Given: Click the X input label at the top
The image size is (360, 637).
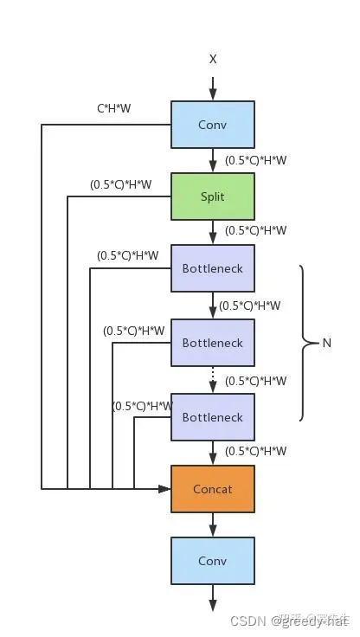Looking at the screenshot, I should [x=213, y=59].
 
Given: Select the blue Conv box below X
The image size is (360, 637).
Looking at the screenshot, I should [x=213, y=125].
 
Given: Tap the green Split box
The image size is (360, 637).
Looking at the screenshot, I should [x=213, y=196].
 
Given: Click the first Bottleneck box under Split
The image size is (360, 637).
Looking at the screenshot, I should [x=213, y=268].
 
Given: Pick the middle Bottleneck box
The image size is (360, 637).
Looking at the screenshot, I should [x=213, y=343].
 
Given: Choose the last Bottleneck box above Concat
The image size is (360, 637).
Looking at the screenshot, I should [x=213, y=417].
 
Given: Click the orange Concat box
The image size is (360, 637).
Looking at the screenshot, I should [x=213, y=489].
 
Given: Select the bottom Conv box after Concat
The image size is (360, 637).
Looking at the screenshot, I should [x=213, y=561].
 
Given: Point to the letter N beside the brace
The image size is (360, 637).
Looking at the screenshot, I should [x=327, y=343].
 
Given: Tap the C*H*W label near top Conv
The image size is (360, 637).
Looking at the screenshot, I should [x=113, y=110].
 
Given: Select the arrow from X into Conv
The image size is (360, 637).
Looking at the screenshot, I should [x=213, y=87].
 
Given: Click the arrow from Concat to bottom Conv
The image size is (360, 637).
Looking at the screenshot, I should [x=213, y=524].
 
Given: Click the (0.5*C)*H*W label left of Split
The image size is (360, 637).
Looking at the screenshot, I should [x=120, y=183].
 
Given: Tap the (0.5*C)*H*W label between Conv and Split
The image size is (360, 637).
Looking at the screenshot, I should [x=255, y=160].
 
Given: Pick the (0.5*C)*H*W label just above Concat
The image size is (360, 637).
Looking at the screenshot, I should [x=255, y=451].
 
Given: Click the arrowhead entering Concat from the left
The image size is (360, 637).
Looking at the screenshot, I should [x=164, y=489].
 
